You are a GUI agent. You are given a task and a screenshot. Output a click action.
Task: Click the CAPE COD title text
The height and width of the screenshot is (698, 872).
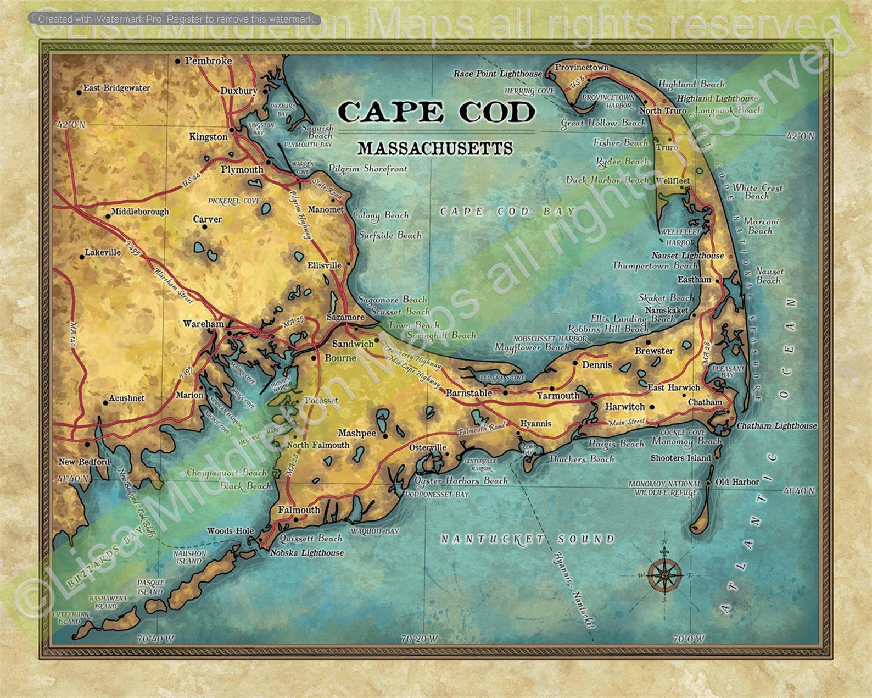coord(436,112)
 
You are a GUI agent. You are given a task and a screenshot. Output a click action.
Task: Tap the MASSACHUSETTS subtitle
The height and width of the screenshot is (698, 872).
coord(435,149)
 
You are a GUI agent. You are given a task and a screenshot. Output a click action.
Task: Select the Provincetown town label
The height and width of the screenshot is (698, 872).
coord(582,68)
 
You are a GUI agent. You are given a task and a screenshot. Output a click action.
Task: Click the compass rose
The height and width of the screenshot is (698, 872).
coord(666,574)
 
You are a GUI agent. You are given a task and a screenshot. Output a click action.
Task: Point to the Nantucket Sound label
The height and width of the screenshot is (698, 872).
coord(528,539)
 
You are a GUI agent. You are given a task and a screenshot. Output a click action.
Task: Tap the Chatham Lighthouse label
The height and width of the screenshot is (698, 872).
coord(776,426)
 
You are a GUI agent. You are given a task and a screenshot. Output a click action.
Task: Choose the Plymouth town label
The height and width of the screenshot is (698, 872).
coord(242,170)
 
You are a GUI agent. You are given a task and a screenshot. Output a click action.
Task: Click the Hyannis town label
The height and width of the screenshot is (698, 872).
coord(535,424)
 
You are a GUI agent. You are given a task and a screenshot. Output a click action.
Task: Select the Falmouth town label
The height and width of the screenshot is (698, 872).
coord(298,510)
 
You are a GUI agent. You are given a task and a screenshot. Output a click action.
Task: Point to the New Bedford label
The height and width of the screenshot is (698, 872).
coord(84,462)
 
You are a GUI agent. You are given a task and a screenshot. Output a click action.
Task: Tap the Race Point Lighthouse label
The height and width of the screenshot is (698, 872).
coord(498,74)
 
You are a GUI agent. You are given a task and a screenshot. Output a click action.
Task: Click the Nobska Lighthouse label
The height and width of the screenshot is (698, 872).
coord(306,553)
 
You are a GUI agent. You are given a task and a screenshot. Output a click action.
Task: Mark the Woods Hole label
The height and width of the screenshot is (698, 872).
coord(230,531)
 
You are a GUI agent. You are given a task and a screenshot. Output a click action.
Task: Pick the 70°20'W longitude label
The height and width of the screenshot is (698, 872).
coord(419,639)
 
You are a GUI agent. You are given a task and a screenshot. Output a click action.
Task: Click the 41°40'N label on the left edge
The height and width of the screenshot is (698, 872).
coord(72,479)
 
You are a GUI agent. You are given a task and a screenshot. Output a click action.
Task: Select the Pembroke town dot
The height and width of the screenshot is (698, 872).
coord(177,62)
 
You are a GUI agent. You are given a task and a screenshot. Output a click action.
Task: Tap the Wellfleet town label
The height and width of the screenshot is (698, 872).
coord(673,181)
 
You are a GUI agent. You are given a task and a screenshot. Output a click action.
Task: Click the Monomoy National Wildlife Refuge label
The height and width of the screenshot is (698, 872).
coord(665,488)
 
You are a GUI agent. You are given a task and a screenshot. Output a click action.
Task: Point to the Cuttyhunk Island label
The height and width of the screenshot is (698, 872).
coord(66,618)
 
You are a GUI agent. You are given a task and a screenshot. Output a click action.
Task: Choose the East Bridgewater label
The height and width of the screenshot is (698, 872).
coord(116,88)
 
